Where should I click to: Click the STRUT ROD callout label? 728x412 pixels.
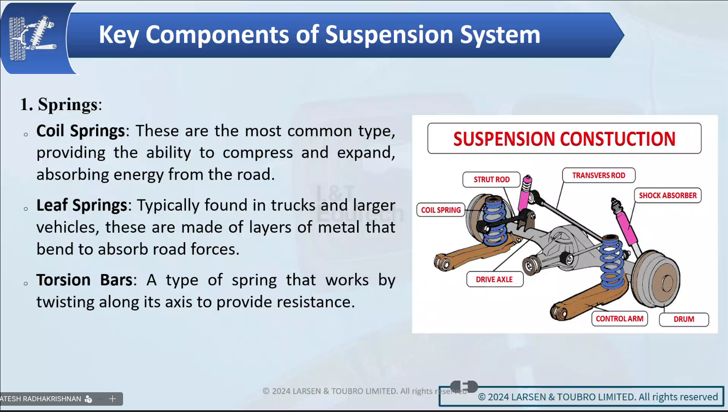(491, 180)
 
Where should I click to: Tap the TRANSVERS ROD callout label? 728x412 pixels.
(599, 176)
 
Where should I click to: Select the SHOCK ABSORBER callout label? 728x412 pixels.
(667, 195)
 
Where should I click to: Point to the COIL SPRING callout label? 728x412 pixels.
(441, 210)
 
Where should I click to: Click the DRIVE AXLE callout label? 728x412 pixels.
(494, 279)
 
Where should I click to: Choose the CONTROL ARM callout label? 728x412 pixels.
(619, 319)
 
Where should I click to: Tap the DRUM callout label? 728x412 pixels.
(684, 319)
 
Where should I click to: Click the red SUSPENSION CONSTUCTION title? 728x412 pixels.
(564, 139)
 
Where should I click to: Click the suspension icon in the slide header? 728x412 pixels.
(32, 38)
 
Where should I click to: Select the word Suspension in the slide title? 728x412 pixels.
(389, 35)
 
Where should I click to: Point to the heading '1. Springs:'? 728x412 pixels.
(61, 104)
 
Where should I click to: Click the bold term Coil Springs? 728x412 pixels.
(80, 131)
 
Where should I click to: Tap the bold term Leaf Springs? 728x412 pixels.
(82, 205)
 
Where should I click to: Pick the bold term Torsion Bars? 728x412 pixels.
(84, 279)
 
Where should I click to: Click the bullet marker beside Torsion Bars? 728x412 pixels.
(26, 284)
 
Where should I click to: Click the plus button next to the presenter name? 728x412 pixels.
(112, 399)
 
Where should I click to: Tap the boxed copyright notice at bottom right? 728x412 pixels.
(582, 396)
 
